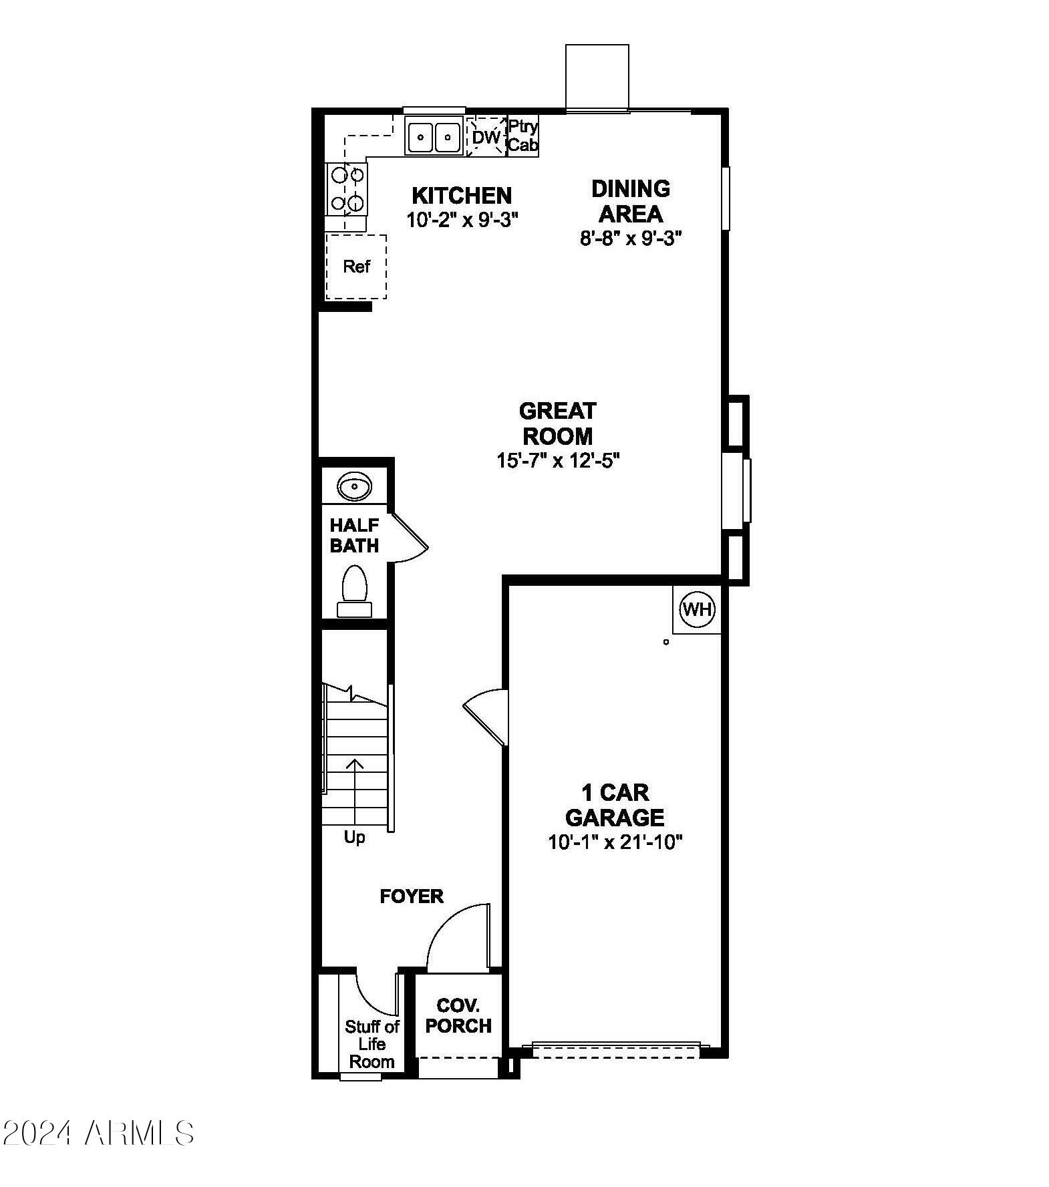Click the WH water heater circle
coord(697,609)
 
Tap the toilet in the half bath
coord(354,590)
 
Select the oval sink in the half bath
coord(354,486)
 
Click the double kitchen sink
coord(434,137)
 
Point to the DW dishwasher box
coord(486,137)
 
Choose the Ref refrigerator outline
coord(356,267)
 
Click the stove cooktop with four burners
coord(347,189)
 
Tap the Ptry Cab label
coord(523,136)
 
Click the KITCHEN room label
coord(462,195)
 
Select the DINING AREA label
coord(631,200)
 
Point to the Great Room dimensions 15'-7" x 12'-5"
coord(558,460)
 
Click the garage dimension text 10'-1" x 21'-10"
coord(615,842)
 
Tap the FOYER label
coord(412,896)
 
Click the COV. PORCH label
coord(458,1015)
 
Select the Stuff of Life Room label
coord(371,1044)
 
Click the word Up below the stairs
coord(354,836)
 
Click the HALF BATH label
coord(354,535)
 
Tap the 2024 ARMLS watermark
coord(98,1133)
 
